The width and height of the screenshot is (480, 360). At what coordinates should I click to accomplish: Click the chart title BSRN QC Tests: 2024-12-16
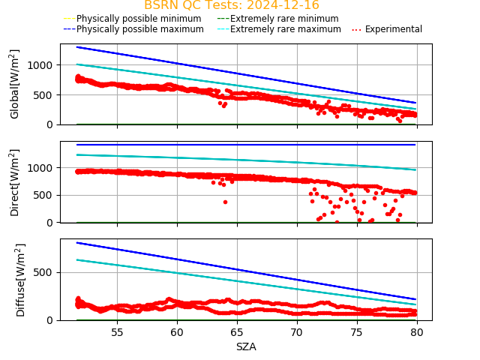click(231, 5)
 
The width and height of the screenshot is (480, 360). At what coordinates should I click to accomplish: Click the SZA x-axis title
click(246, 346)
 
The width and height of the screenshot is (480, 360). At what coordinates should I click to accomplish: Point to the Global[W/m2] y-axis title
click(15, 84)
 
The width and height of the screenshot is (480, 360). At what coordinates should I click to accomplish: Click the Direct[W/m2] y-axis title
click(15, 182)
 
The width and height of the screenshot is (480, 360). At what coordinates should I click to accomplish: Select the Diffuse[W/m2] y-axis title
click(20, 280)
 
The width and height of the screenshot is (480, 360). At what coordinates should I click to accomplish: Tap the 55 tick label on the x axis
click(117, 332)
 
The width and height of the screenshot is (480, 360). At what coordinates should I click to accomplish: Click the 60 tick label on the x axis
click(177, 332)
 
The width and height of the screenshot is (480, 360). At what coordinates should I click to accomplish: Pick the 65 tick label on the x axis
click(237, 332)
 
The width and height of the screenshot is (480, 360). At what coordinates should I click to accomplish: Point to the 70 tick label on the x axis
click(297, 332)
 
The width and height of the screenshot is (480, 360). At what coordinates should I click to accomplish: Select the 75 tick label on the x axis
click(357, 332)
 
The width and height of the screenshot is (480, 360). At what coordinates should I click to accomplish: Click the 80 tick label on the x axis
click(417, 332)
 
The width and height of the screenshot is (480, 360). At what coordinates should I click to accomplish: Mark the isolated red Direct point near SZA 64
click(225, 202)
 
